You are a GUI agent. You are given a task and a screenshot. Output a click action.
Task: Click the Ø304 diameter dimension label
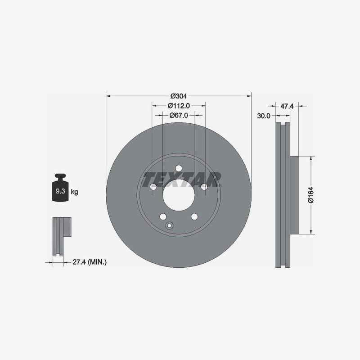(x=179, y=96)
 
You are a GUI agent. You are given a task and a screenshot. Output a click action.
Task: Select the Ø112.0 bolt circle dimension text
(x=179, y=106)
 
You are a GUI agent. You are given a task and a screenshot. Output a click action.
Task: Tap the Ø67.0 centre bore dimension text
(x=179, y=115)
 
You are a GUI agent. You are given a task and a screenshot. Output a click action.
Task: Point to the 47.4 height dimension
(x=287, y=106)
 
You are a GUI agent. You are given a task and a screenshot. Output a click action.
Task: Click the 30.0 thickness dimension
(x=264, y=116)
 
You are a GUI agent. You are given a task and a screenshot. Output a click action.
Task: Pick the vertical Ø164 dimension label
(x=311, y=195)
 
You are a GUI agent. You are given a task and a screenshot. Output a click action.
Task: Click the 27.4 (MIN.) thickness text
(x=90, y=262)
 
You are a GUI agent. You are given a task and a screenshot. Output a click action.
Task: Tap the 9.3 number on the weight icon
(x=60, y=191)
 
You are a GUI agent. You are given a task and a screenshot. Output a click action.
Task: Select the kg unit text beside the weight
(x=74, y=192)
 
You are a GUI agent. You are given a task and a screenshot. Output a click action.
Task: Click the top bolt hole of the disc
(x=179, y=168)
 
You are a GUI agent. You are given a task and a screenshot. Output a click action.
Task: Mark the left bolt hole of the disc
(x=153, y=187)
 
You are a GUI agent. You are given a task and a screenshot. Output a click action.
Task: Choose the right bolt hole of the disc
(x=204, y=187)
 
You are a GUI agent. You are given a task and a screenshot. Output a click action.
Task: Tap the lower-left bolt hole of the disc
(x=163, y=216)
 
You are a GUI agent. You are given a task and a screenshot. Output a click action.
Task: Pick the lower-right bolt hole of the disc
(x=194, y=216)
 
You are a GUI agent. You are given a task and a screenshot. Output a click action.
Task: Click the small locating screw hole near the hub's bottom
(x=169, y=226)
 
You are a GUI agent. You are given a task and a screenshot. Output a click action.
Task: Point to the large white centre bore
(x=179, y=195)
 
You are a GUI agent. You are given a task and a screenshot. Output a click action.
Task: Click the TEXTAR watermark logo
(x=182, y=180)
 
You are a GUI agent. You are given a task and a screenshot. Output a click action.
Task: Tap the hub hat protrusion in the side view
(x=294, y=195)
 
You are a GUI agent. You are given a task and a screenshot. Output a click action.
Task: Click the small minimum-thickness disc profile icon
(x=62, y=237)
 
